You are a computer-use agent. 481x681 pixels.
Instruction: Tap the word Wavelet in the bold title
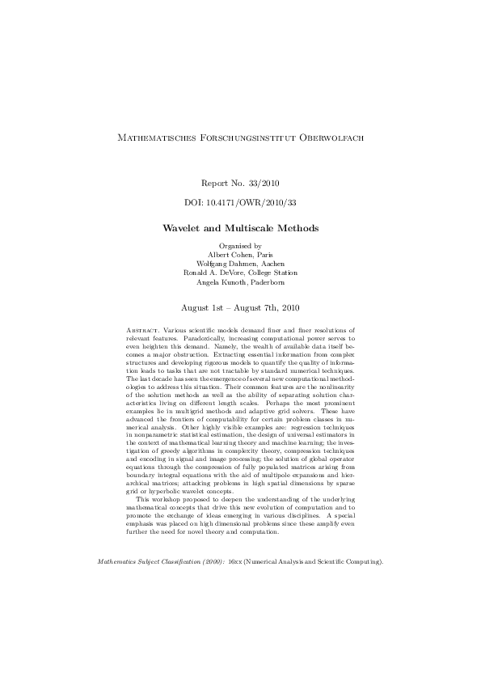187,228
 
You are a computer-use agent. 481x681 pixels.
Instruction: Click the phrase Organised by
240,245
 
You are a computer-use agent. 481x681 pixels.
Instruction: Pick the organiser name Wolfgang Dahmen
226,264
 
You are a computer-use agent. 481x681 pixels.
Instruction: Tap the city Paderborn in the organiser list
267,283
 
